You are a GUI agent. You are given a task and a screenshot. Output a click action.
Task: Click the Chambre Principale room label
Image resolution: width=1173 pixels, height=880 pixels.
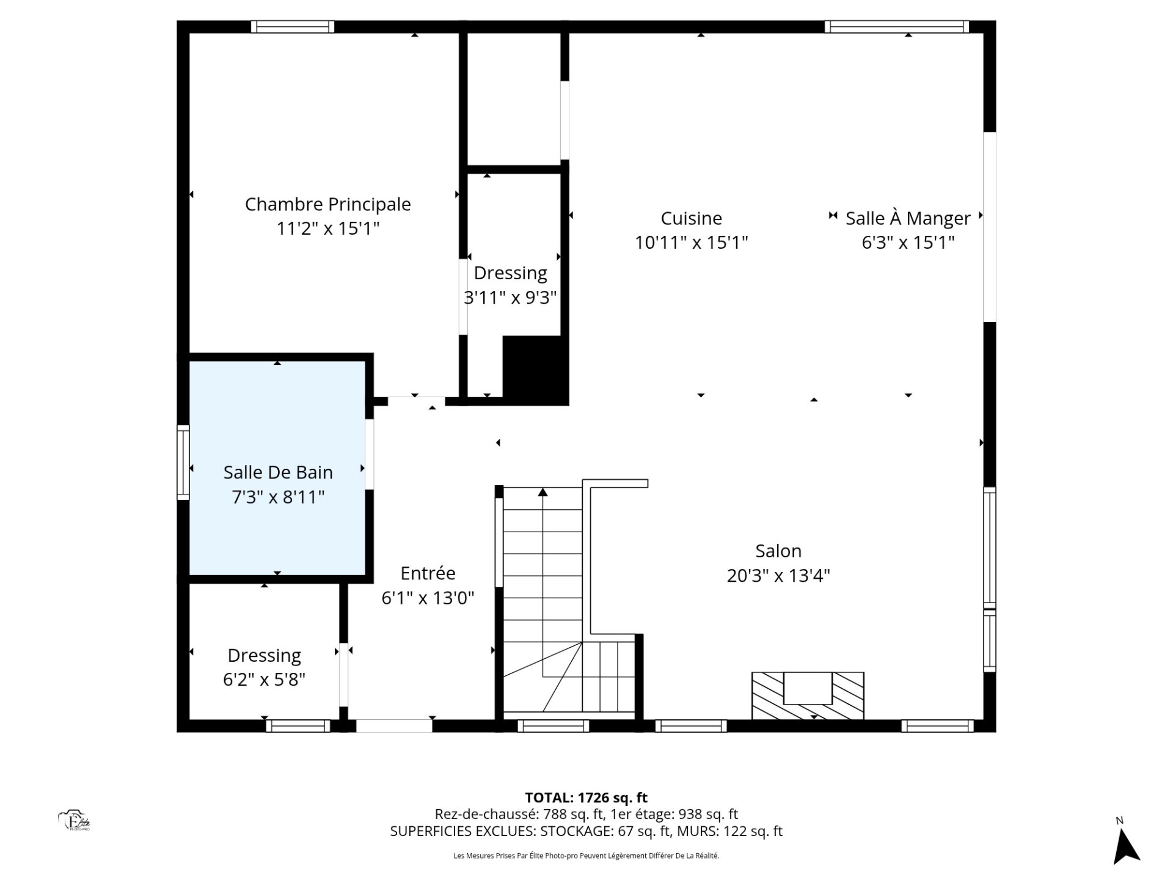click(x=327, y=204)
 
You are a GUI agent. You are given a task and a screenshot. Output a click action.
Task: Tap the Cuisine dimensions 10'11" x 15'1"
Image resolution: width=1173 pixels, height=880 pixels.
click(x=691, y=243)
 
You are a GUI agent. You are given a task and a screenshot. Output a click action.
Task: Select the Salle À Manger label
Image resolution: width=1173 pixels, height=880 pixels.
click(x=908, y=218)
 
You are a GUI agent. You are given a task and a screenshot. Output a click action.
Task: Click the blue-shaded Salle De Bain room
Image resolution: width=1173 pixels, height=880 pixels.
click(x=277, y=468)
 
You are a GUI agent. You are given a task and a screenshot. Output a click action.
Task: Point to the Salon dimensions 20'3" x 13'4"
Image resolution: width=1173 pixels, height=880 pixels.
click(x=778, y=576)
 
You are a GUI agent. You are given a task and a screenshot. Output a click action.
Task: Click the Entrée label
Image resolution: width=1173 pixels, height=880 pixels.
click(x=428, y=573)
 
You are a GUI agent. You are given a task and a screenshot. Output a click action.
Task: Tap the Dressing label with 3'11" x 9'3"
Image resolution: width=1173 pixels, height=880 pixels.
click(x=510, y=273)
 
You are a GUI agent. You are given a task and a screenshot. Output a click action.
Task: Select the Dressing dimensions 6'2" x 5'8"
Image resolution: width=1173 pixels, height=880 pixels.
click(x=264, y=680)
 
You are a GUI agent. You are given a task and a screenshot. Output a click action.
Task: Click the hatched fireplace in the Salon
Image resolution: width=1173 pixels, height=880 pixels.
click(x=808, y=695)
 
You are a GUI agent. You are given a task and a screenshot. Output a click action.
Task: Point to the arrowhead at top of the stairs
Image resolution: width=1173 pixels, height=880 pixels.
click(x=543, y=492)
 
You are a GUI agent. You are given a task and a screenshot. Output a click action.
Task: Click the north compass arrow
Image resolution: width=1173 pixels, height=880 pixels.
click(x=1125, y=847)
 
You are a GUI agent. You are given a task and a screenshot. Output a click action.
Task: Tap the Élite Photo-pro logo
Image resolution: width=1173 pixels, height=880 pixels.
click(x=75, y=821)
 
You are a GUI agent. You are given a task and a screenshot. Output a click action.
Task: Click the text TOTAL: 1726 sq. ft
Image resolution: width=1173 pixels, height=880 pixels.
click(x=586, y=798)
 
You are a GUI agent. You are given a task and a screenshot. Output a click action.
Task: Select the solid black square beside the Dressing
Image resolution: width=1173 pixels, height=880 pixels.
click(x=535, y=370)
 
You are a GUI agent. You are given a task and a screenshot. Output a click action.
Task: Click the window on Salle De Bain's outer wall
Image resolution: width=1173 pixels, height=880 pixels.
click(x=183, y=462)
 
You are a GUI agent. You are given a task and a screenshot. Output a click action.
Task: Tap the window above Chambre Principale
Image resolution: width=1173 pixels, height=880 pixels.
click(x=293, y=27)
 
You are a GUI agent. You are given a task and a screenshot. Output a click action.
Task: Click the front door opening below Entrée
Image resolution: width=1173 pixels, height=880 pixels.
click(x=394, y=726)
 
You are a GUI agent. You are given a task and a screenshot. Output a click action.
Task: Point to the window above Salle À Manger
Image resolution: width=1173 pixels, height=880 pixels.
click(x=897, y=27)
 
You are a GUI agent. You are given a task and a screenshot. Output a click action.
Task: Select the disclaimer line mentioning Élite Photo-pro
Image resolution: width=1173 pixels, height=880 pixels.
click(x=586, y=856)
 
